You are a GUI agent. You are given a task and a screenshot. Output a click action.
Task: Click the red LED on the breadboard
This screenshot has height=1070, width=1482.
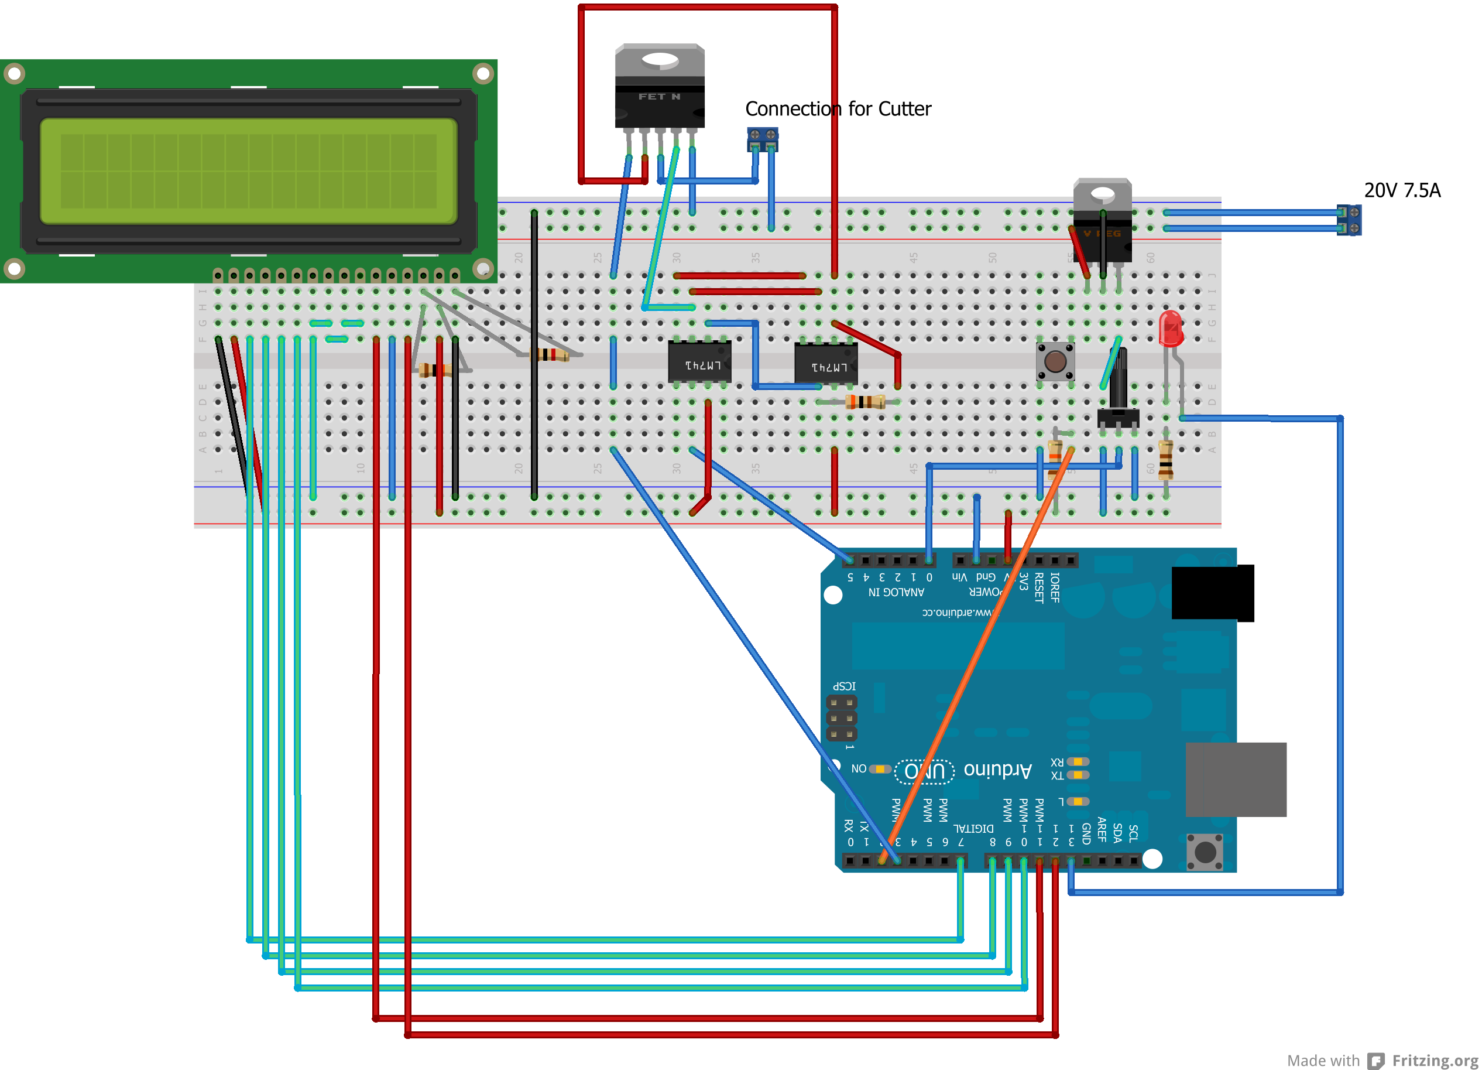tap(1169, 328)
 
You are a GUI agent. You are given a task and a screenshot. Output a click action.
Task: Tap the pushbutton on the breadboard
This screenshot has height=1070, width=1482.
tap(1055, 361)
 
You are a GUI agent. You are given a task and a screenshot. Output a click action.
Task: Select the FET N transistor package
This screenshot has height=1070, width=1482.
tap(659, 88)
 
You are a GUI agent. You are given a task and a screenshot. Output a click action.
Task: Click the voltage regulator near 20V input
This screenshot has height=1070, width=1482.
tap(1102, 222)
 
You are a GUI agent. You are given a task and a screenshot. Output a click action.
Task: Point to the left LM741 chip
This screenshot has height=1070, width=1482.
tap(699, 362)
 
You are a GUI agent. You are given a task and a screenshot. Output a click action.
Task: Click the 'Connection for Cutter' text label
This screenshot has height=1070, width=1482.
tap(838, 108)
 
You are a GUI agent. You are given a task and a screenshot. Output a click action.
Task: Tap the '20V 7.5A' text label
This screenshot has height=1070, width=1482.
tap(1402, 190)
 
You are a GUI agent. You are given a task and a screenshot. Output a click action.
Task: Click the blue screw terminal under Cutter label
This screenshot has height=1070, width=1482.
tap(763, 139)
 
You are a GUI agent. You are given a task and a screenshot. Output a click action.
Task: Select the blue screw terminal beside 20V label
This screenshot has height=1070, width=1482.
tap(1349, 220)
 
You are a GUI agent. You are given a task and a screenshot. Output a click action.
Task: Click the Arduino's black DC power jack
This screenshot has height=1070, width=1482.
tap(1212, 592)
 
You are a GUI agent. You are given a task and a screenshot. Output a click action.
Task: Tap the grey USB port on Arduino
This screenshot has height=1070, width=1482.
tap(1235, 778)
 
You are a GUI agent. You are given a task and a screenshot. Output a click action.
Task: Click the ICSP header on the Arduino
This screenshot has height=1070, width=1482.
tap(841, 717)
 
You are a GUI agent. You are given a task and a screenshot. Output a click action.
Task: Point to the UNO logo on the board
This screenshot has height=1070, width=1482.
tap(924, 771)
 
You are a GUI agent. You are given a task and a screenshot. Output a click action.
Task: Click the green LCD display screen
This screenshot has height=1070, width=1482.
tap(248, 171)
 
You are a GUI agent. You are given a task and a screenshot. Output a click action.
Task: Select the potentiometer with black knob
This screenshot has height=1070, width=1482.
tap(1118, 392)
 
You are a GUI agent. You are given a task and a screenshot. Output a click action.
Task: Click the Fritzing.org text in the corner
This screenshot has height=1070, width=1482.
tap(1435, 1059)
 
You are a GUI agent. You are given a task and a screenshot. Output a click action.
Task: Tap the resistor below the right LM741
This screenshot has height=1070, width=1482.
tap(864, 401)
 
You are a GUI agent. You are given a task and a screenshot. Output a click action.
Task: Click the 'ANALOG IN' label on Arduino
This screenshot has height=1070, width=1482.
tap(896, 592)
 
